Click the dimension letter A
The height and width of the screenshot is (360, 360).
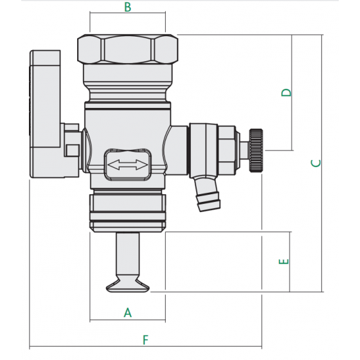point(127,312)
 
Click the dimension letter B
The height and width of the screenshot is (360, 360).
point(127,7)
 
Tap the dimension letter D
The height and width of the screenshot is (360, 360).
point(287,92)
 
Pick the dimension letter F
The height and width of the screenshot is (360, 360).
point(145,339)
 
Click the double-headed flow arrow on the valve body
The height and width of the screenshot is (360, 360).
point(127,165)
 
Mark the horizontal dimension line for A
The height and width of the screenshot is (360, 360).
point(127,320)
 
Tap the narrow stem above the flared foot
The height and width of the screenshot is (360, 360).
point(127,255)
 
